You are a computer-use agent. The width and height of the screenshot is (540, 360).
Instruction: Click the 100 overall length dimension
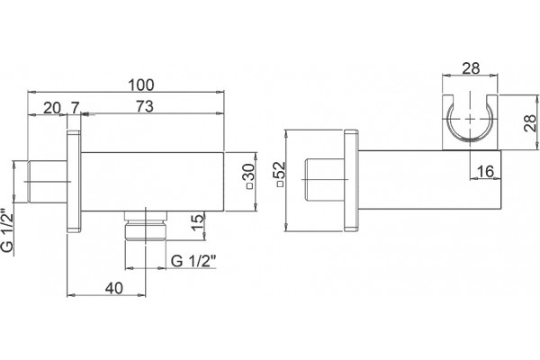pos(141,85)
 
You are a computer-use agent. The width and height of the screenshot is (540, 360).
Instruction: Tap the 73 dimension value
pos(145,106)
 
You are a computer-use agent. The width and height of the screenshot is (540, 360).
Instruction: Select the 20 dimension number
pos(52,108)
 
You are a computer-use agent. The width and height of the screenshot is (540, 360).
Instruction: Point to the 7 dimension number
pos(75,107)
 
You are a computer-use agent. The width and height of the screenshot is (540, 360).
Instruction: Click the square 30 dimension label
pos(250,176)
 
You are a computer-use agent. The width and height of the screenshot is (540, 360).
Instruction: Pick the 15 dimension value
pos(198,222)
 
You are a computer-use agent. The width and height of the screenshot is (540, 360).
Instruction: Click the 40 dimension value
pos(114,288)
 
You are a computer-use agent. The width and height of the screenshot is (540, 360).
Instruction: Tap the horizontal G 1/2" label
pos(193,261)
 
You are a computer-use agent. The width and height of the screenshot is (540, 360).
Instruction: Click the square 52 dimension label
pos(280,174)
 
